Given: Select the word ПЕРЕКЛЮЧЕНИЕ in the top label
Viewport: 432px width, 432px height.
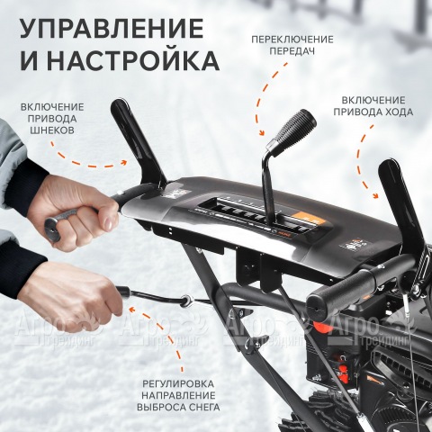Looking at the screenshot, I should pyautogui.click(x=292, y=40).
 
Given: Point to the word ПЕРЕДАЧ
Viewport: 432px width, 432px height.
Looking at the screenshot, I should pyautogui.click(x=292, y=52).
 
